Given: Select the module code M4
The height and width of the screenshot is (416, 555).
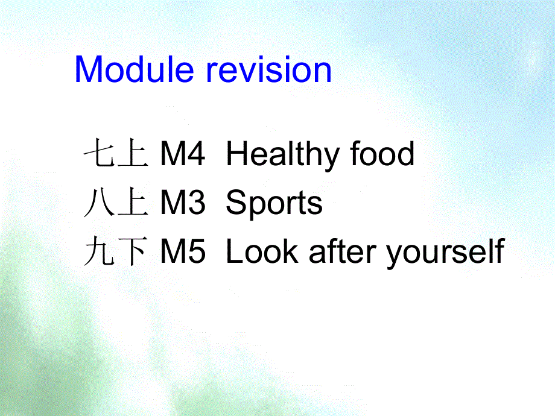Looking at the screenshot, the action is coord(182,154).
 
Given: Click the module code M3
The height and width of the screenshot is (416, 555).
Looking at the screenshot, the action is coord(182,203).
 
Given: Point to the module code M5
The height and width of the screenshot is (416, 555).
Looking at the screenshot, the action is coord(182,251).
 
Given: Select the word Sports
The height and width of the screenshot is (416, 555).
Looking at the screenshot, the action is coord(274,204).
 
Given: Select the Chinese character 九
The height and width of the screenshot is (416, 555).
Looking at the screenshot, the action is coord(100,251).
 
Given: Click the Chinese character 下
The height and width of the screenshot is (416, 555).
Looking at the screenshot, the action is coord(133,251).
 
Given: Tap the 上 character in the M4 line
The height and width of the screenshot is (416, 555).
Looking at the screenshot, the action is coord(133,153).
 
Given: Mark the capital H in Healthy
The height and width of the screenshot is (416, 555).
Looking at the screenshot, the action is coord(236,153).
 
